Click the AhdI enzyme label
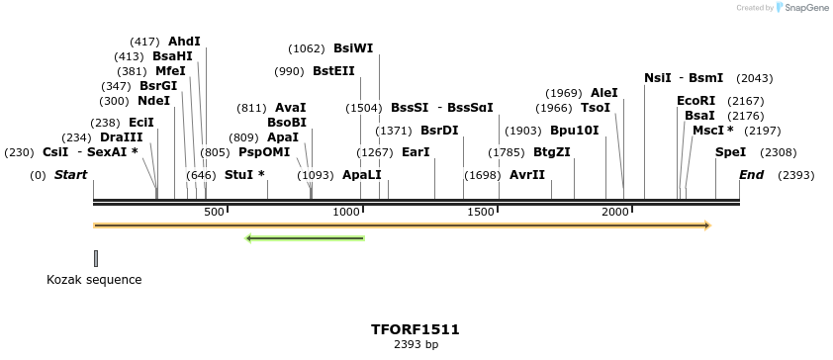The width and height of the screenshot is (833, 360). tap(184, 42)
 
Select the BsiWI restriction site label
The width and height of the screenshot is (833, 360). tap(353, 48)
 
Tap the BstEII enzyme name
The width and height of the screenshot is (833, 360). tap(333, 71)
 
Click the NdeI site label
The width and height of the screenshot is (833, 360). tap(154, 101)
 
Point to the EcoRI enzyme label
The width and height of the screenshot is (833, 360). tap(695, 101)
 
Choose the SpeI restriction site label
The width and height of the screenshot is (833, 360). tap(730, 152)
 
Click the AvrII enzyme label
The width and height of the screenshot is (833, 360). tap(527, 175)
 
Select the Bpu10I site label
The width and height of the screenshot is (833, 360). tap(574, 131)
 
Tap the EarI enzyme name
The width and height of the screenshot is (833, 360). tap(416, 152)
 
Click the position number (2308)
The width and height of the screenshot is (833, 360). tap(778, 152)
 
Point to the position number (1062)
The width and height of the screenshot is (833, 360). tap(307, 48)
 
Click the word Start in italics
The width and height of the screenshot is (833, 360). tap(70, 175)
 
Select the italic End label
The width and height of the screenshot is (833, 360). tap(752, 175)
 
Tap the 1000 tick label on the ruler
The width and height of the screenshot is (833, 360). tap(346, 213)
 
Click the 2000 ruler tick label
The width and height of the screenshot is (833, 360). tap(615, 213)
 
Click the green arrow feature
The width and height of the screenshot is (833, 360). tap(305, 237)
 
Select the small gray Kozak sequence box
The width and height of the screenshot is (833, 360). tap(96, 258)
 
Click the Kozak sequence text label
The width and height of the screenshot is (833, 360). tap(94, 280)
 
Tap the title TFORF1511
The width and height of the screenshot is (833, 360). tap(416, 329)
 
